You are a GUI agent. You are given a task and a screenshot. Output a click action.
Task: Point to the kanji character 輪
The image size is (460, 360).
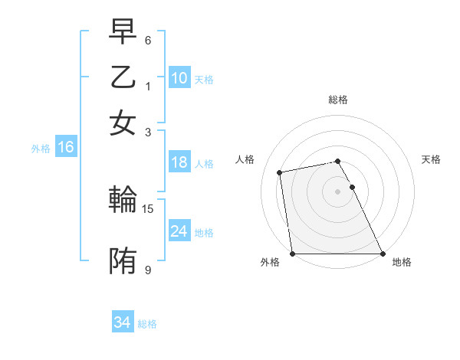[123, 200]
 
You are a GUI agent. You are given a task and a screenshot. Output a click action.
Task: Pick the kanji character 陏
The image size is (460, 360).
[123, 260]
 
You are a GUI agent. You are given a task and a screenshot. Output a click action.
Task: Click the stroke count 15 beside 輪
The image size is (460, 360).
[149, 208]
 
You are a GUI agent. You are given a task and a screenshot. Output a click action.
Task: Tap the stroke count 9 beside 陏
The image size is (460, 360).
[148, 269]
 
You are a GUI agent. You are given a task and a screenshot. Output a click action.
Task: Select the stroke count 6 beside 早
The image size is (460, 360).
[148, 40]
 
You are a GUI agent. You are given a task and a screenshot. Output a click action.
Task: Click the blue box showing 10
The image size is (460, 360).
[179, 78]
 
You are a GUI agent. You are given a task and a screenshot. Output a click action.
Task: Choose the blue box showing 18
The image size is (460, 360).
[179, 162]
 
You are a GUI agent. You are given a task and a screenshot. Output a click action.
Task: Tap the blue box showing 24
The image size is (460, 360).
[179, 231]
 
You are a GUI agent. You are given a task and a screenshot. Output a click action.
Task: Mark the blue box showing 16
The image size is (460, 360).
[65, 148]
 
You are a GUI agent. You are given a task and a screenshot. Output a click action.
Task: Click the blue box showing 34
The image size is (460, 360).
[122, 322]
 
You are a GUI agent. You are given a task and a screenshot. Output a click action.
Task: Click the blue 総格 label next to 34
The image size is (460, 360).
[147, 324]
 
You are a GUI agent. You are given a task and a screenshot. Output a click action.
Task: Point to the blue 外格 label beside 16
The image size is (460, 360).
[41, 149]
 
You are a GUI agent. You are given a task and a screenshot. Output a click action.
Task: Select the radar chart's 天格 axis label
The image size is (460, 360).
[432, 159]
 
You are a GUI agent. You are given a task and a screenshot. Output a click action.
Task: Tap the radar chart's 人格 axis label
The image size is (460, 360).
[245, 159]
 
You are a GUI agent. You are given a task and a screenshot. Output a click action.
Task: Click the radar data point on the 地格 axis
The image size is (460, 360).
[382, 254]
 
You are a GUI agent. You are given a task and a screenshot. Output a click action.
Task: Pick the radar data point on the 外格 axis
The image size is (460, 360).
[293, 254]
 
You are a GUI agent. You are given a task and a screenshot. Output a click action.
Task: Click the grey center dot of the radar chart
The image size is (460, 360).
[337, 191]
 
